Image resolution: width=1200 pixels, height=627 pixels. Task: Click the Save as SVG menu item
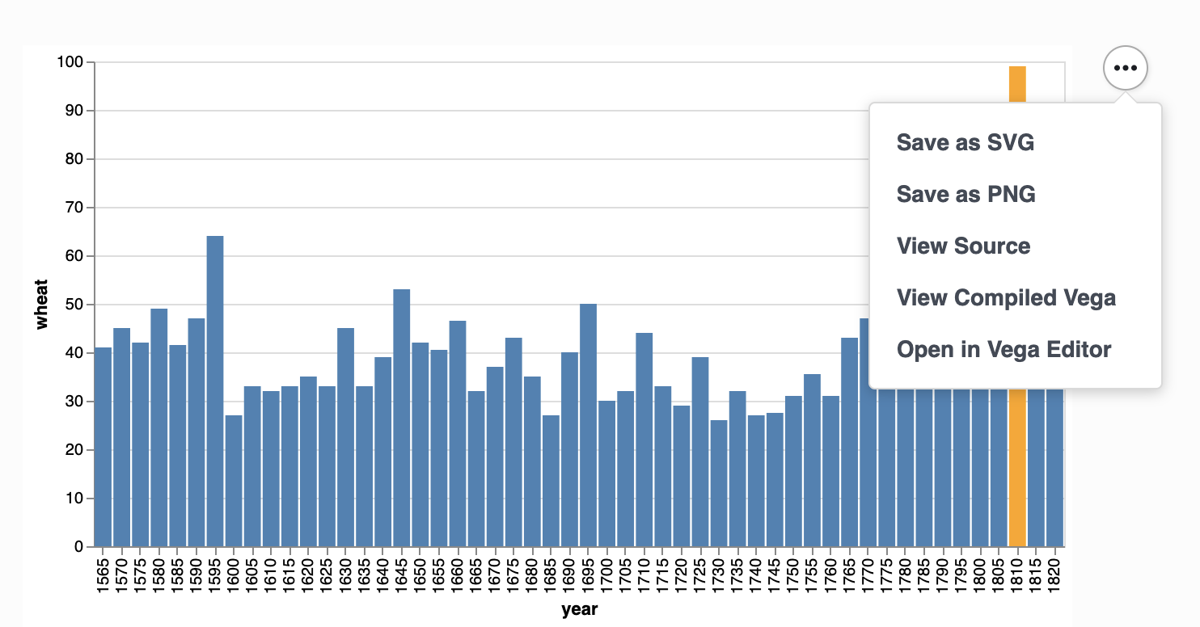[x=965, y=143]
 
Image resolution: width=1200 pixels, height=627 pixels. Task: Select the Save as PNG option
[x=965, y=195]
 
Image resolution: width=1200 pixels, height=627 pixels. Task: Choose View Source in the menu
[x=963, y=246]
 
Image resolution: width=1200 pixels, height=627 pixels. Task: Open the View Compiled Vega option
[x=1006, y=298]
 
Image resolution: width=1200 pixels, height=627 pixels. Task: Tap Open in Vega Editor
[x=1004, y=350]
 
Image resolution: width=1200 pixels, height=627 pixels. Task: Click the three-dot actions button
[x=1125, y=69]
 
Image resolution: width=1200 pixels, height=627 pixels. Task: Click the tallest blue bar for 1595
[x=215, y=388]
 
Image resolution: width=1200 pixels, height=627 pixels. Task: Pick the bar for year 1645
[x=401, y=416]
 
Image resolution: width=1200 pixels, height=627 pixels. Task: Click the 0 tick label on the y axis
[x=79, y=547]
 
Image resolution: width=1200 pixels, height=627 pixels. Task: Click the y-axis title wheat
[x=42, y=305]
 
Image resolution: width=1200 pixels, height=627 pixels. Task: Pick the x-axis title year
[x=579, y=610]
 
